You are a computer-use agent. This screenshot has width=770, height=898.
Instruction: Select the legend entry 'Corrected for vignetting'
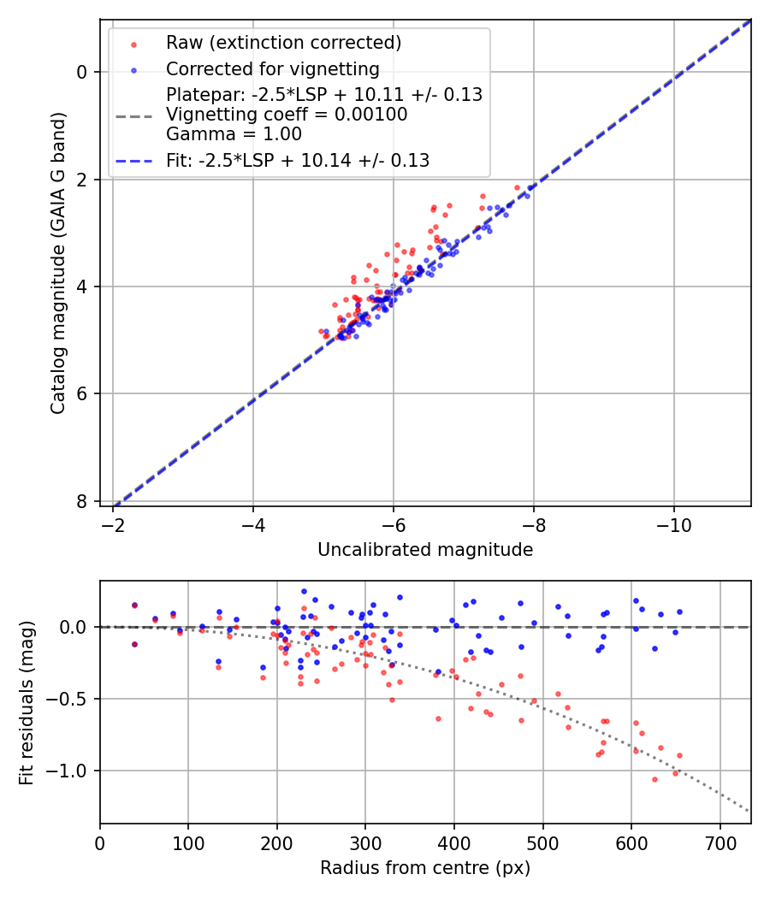click(272, 68)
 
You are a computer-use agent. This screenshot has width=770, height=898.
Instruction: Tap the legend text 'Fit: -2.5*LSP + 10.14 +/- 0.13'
click(298, 160)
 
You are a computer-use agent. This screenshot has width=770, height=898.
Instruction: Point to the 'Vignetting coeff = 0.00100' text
click(287, 115)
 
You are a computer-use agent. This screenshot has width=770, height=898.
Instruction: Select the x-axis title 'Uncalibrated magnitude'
click(425, 550)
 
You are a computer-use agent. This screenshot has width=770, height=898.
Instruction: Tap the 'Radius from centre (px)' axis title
click(425, 868)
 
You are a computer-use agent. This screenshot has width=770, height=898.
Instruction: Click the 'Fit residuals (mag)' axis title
click(27, 703)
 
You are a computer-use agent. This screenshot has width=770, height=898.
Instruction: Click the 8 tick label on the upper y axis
click(82, 501)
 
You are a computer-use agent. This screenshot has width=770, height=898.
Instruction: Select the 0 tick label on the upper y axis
click(82, 72)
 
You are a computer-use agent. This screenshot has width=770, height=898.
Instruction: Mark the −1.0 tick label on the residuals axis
click(68, 771)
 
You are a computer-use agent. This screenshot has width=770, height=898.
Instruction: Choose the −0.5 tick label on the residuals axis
click(68, 699)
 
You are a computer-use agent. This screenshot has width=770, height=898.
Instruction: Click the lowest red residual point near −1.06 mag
click(654, 779)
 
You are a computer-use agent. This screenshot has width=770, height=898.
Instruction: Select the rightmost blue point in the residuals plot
click(679, 611)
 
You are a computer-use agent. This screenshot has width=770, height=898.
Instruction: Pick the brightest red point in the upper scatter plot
click(517, 187)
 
